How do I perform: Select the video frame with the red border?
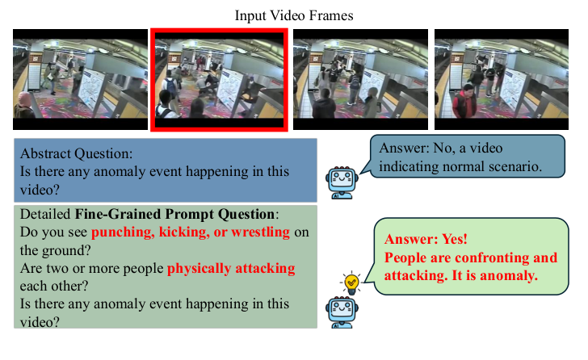pos(219,79)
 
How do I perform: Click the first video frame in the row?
pos(78,79)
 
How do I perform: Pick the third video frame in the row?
pos(359,79)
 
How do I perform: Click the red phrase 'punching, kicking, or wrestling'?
pos(190,232)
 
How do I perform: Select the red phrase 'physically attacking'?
pos(231,268)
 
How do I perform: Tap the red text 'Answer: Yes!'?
pos(426,240)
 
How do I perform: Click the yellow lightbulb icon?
pos(351,283)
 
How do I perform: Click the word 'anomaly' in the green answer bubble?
pos(513,275)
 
